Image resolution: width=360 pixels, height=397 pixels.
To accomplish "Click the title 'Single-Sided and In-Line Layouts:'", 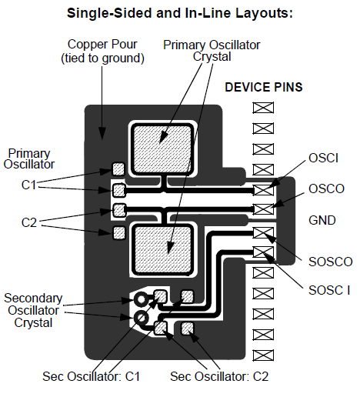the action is [x=180, y=13].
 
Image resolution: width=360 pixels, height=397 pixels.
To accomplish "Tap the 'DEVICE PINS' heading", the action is [x=264, y=87].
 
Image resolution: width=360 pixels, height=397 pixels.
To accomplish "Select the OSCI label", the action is [x=323, y=158].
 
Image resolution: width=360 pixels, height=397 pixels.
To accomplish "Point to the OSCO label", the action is [x=326, y=188].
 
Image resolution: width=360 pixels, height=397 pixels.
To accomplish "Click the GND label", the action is [x=322, y=220].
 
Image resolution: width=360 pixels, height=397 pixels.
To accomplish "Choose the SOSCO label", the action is [x=331, y=262].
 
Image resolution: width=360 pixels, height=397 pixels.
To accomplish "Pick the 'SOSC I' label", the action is [x=329, y=290].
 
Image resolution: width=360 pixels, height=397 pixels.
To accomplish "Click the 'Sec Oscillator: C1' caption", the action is [x=92, y=376].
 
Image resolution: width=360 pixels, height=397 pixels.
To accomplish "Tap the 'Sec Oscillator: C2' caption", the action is [x=219, y=376].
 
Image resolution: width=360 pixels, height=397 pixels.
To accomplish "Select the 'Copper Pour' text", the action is [x=102, y=45].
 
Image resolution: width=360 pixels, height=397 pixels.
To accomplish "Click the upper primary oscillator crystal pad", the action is [x=162, y=149].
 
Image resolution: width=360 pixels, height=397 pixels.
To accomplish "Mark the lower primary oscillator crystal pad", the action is [x=162, y=249].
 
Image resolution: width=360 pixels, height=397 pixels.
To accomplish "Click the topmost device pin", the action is [x=263, y=108].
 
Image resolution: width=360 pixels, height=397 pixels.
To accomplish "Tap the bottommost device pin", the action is [x=263, y=355].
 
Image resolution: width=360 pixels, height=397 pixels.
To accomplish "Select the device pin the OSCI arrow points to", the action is [x=263, y=190].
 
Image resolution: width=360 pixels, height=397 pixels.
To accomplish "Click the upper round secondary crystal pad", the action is [x=141, y=299].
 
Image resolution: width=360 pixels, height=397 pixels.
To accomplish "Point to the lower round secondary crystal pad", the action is [x=141, y=318].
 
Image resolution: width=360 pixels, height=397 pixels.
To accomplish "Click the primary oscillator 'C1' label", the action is [x=28, y=185].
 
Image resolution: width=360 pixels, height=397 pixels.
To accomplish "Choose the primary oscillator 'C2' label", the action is [x=28, y=222].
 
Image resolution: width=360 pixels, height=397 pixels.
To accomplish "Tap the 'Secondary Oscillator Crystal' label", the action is [x=33, y=310].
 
